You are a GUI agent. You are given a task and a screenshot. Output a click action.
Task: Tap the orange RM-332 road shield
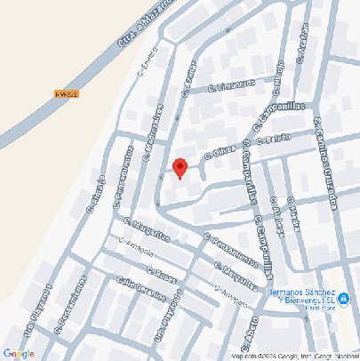click(x=67, y=93)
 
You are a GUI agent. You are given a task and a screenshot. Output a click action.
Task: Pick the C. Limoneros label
click(x=231, y=85)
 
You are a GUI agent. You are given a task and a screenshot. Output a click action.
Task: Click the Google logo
click(x=19, y=353)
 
